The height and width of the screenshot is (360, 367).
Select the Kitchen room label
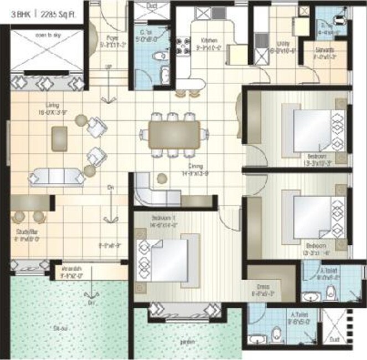pyautogui.click(x=209, y=40)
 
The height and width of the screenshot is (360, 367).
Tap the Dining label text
pyautogui.click(x=195, y=166)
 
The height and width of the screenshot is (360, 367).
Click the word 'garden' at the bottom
pyautogui.click(x=186, y=341)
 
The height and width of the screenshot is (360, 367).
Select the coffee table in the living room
pyautogui.click(x=59, y=138)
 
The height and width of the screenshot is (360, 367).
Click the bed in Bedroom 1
pyautogui.click(x=163, y=260)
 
